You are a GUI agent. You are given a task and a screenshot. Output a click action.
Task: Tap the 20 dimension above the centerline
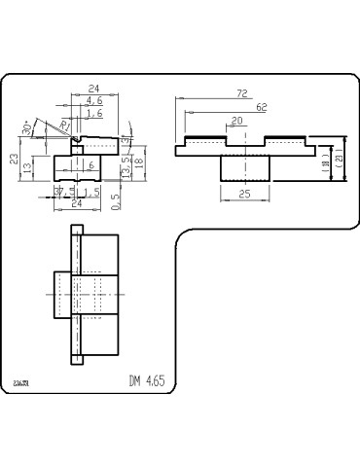pos(236,121)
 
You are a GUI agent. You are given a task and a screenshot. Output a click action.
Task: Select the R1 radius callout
pos(65,124)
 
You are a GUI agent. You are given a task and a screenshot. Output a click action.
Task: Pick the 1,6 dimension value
pos(94,114)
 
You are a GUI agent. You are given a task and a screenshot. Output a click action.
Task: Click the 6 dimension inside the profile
pos(91,166)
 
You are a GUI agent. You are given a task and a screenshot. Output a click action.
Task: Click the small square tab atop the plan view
pos(77,230)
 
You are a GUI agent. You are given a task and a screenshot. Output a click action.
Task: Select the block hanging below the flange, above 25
pos(243,168)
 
